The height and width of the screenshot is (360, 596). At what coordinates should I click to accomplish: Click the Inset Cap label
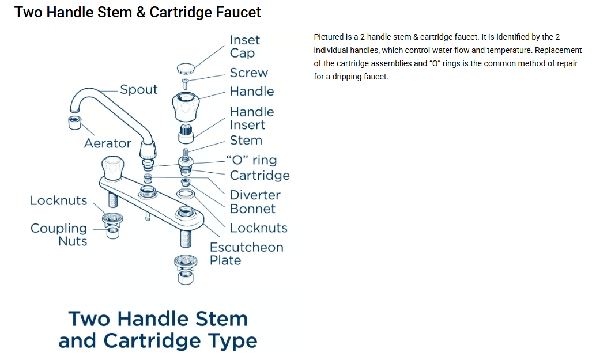coord(244,47)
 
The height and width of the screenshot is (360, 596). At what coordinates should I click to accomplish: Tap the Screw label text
coord(248,73)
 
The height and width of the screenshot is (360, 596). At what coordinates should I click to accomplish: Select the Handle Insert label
coord(251,118)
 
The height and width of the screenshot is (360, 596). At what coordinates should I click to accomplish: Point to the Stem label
coord(246,141)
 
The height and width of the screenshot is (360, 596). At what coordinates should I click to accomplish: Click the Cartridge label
coord(259,176)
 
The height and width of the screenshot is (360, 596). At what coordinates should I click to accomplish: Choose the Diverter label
coord(255,195)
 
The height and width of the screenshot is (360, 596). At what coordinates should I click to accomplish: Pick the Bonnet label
coord(252,209)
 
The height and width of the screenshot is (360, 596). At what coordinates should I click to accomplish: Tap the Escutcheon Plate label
coord(246,253)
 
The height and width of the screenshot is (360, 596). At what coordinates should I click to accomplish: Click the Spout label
coord(138,90)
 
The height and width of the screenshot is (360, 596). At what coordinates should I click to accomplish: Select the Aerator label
coord(107,143)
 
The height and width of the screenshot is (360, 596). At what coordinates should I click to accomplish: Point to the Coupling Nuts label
coord(59,235)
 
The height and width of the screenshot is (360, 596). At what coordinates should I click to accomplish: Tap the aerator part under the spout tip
coord(75,123)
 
